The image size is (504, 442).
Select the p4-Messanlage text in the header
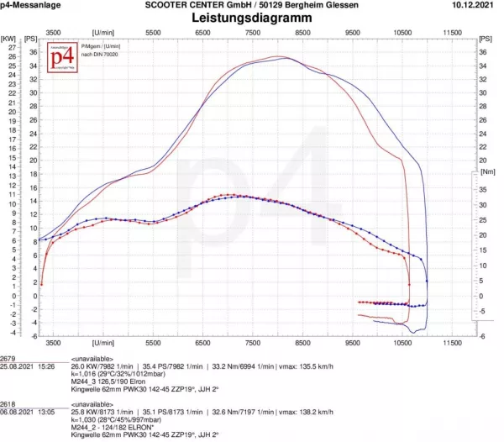pos(29,5)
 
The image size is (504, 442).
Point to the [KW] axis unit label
pos(9,39)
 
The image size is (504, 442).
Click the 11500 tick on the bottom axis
pos(453,343)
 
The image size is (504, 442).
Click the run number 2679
pos(8,357)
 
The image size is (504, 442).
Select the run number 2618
pos(8,403)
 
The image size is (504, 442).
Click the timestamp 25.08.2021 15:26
pos(28,366)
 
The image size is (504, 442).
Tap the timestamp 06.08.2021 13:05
pos(28,413)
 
